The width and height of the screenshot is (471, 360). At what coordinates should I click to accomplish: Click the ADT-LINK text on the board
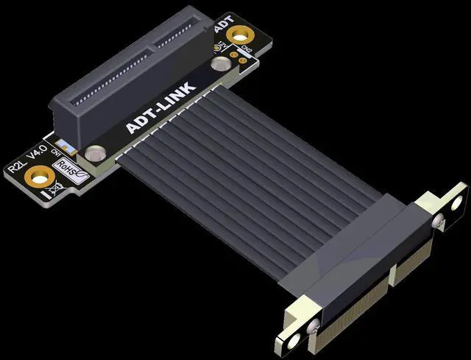[x=161, y=107]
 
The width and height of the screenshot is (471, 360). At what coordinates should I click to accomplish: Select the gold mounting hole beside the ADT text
[x=238, y=35]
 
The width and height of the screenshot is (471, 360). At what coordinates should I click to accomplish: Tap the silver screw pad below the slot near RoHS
[x=93, y=154]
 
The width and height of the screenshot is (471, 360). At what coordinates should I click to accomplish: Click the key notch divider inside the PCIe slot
[x=151, y=43]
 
